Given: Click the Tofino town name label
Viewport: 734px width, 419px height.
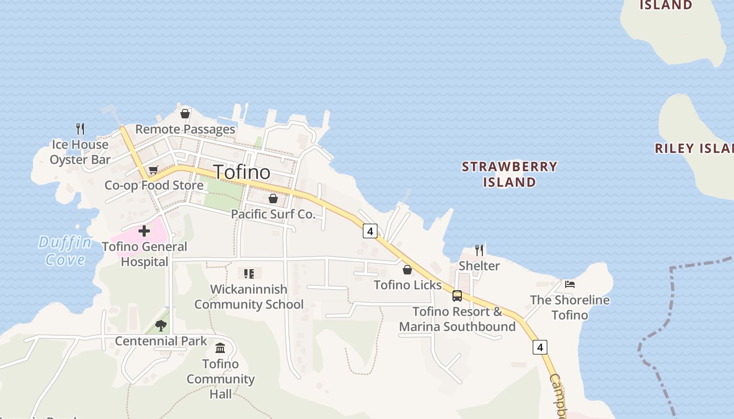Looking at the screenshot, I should click(x=242, y=172).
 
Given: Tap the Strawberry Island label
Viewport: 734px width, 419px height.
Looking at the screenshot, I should click(x=509, y=174).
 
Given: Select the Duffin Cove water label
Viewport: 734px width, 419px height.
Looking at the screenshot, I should click(x=65, y=251).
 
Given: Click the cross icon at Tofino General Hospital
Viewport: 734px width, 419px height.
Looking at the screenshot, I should click(x=144, y=231).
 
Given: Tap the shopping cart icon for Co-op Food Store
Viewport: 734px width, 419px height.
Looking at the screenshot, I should click(x=153, y=170).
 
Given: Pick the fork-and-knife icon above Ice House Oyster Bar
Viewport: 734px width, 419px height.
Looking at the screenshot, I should click(x=80, y=129).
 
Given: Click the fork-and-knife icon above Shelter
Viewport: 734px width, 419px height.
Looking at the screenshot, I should click(x=479, y=250).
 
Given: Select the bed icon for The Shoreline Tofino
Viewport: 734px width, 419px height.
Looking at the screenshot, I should click(x=570, y=284).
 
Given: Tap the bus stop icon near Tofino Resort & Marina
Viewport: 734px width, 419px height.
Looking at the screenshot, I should click(x=457, y=296).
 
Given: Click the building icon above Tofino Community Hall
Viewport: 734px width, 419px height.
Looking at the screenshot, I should click(x=220, y=348).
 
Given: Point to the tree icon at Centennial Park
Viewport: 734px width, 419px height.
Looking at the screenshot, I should click(x=161, y=326).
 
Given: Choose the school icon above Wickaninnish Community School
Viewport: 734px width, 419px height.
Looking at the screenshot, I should click(x=249, y=273).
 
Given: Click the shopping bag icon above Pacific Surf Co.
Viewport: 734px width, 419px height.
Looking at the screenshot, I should click(x=273, y=199).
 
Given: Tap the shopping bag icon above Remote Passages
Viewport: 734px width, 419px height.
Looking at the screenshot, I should click(x=185, y=114).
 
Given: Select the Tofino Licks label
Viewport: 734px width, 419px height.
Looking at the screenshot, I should click(x=407, y=285).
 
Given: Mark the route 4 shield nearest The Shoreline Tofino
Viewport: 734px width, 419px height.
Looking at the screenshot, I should click(x=540, y=347).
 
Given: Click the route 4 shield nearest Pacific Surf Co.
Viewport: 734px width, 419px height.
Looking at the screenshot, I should click(x=370, y=231).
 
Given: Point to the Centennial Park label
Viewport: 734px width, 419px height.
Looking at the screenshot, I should click(x=161, y=341).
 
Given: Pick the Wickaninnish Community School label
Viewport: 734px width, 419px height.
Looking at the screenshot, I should click(x=249, y=296).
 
